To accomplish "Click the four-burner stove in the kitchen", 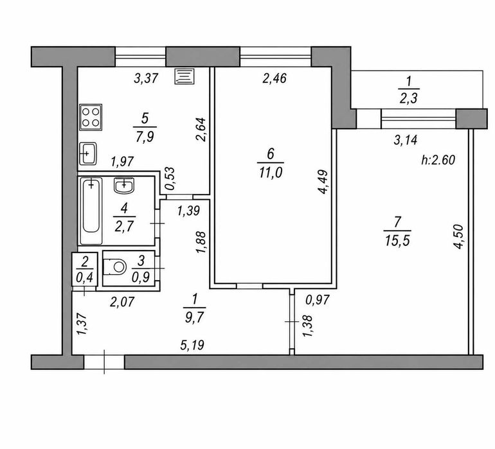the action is point(91,117).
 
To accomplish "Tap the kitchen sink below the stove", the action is point(88,154).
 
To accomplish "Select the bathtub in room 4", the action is point(91,211).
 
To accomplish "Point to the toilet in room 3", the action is point(114,267).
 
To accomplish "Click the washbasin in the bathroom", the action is point(124,186).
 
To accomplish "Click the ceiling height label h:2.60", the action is point(438,160).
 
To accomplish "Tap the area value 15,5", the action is point(397,242).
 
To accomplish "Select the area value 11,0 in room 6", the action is point(271,173).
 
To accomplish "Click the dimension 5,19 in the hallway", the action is point(192,345).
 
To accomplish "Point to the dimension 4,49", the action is point(323,182).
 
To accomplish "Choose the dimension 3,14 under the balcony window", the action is point(406,140).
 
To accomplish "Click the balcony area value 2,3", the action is point(408,98).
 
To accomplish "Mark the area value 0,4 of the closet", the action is point(84,277).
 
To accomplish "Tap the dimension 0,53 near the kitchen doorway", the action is point(170,179).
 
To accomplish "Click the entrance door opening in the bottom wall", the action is point(104,362).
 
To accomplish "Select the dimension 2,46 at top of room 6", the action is point(274,78).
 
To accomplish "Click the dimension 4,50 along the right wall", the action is point(458,236).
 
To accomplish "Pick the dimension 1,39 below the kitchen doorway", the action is point(188,211).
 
